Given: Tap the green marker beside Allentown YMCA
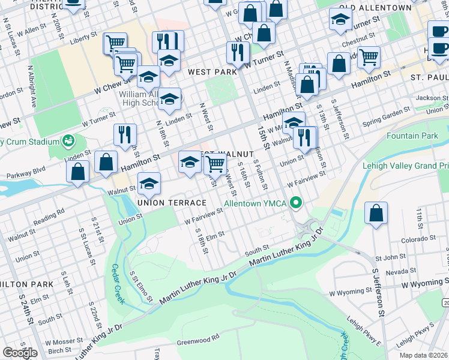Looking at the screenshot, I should click(294, 202).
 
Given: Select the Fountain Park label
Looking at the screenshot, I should click(412, 136).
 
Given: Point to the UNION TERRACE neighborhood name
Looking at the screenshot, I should click(171, 203).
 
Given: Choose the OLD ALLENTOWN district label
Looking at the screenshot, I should click(375, 8).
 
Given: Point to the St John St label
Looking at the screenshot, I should click(391, 257).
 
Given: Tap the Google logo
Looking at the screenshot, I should click(20, 352).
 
